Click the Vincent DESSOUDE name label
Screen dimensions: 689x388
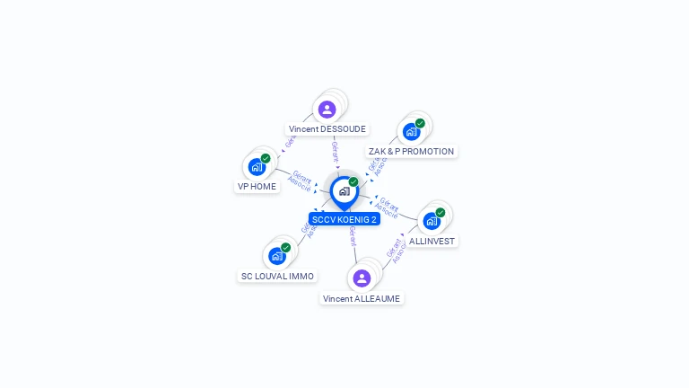tap(327, 128)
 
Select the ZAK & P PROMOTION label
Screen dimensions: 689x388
tap(411, 151)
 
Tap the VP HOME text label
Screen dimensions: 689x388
tap(257, 186)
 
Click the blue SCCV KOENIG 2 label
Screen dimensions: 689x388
tap(344, 218)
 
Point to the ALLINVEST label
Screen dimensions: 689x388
tap(432, 241)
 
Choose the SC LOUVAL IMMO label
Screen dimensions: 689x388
tap(277, 276)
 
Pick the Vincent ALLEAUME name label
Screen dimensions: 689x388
tap(362, 298)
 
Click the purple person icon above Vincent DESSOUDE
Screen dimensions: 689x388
tap(327, 110)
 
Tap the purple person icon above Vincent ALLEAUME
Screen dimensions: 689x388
tap(362, 278)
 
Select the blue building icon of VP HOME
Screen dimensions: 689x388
tap(257, 167)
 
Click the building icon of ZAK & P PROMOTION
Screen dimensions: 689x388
tap(411, 132)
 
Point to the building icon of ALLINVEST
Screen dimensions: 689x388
tap(432, 221)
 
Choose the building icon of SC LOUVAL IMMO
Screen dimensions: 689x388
tap(277, 256)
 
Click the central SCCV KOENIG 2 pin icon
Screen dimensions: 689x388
tap(344, 191)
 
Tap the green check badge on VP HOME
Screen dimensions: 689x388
tap(266, 158)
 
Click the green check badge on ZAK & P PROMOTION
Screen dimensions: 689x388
tap(420, 123)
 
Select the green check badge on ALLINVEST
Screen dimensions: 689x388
tap(440, 212)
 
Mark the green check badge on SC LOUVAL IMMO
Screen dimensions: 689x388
tap(286, 247)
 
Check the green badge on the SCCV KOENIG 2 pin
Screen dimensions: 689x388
tap(353, 181)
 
